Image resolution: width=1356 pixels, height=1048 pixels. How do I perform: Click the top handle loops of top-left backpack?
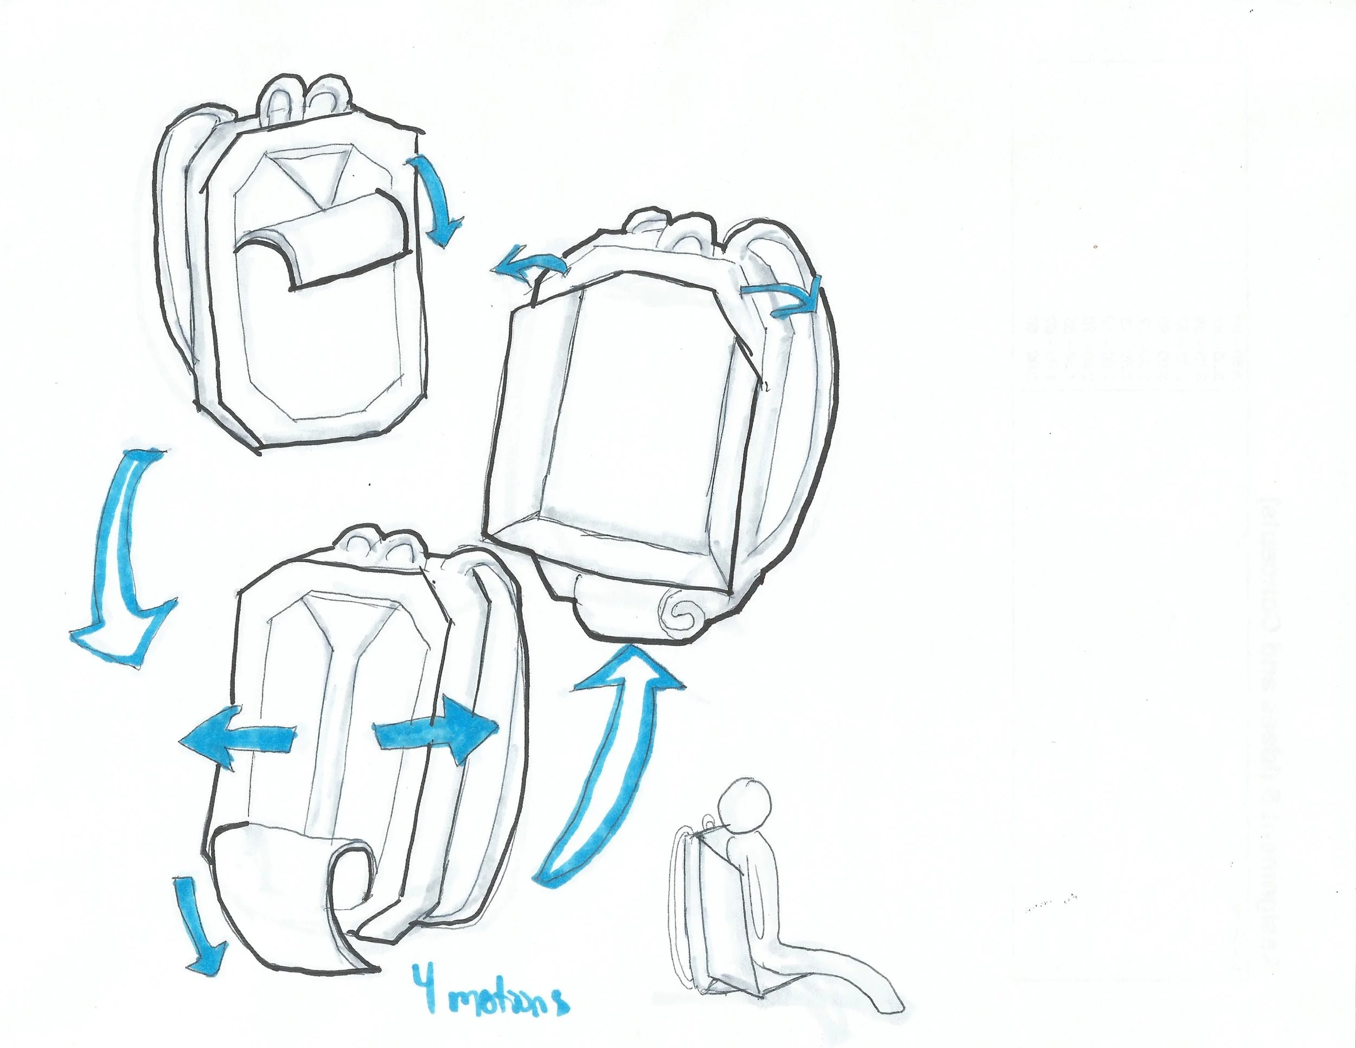click(x=304, y=99)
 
